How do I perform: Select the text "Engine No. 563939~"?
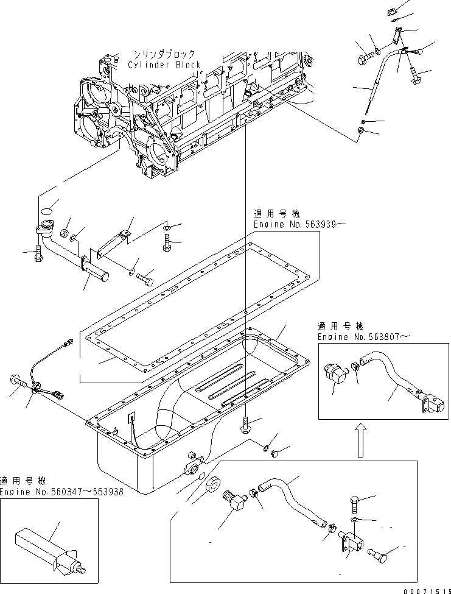coord(300,225)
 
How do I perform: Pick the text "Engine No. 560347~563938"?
coord(61,492)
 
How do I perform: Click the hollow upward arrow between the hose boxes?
coord(360,439)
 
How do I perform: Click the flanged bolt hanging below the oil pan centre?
coord(245,425)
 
